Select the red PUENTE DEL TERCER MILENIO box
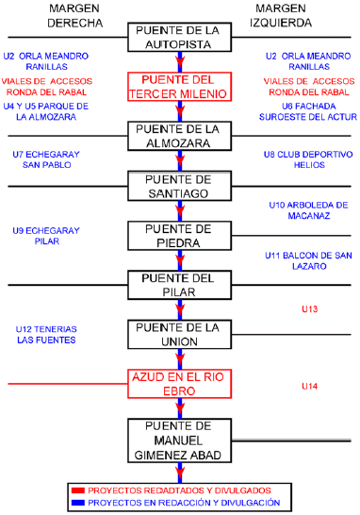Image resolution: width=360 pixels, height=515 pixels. [x=178, y=86]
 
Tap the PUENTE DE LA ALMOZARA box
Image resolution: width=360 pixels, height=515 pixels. [x=178, y=136]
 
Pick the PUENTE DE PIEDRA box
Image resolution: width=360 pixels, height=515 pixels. [x=178, y=235]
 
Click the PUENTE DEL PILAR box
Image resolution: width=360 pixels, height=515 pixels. [x=178, y=285]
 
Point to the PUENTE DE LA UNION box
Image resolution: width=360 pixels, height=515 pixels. [x=178, y=334]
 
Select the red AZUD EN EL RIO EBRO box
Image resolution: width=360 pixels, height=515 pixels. [x=178, y=384]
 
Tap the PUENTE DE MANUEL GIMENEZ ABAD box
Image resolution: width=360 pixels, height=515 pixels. [x=178, y=440]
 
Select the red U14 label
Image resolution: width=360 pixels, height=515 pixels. [x=310, y=386]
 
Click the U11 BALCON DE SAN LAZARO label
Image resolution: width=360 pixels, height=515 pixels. [x=309, y=261]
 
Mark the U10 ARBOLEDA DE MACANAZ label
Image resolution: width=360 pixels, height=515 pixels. [x=309, y=209]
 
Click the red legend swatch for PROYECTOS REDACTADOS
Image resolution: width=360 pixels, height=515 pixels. [x=79, y=490]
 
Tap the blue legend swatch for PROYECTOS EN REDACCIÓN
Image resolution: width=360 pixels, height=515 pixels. [x=79, y=503]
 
